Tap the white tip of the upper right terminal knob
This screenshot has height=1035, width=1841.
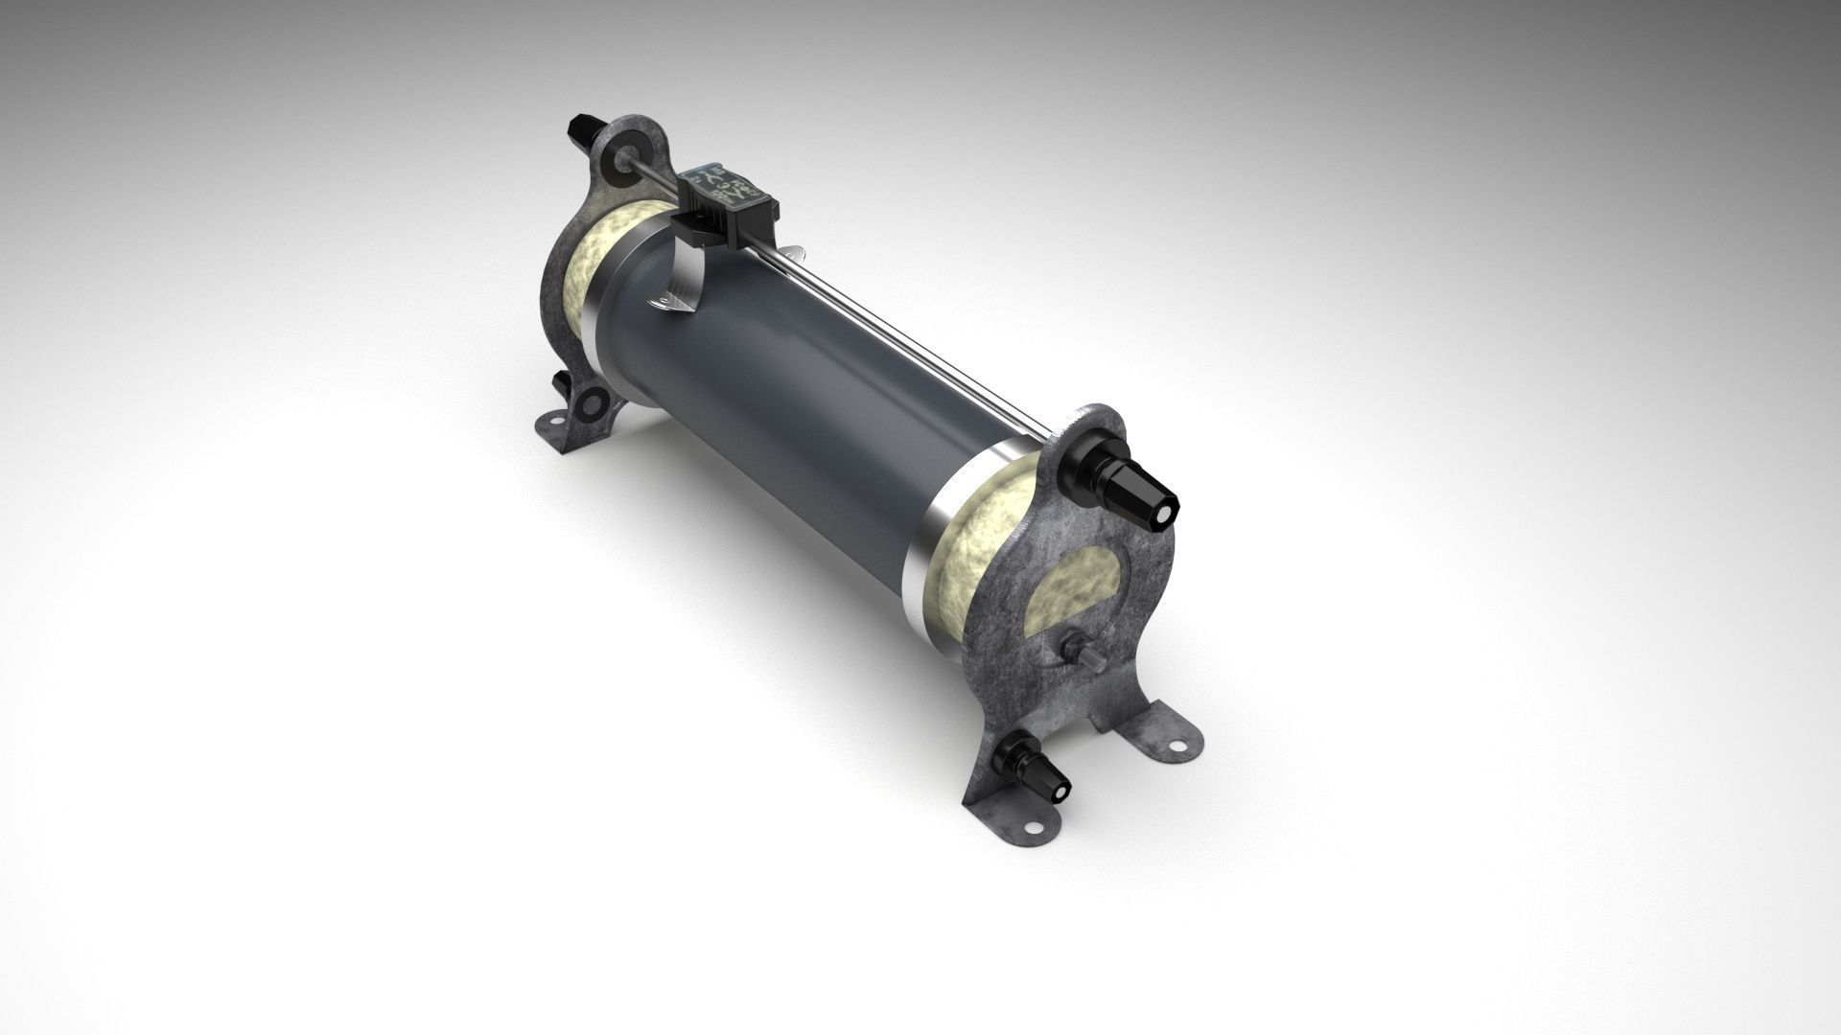pos(1164,515)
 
